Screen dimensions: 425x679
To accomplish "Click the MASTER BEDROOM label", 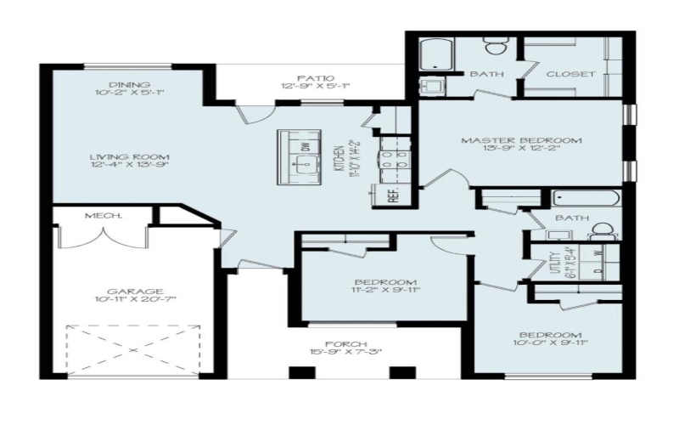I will point(521,140).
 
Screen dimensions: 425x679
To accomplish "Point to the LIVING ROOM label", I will point(131,157).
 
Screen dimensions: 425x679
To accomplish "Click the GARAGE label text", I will point(129,291).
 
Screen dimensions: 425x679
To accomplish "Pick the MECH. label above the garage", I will point(104,216).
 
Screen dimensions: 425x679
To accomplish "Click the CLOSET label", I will point(570,74).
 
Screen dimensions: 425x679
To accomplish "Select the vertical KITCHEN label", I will point(338,157).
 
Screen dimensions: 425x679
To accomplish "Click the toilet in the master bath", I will point(494,45).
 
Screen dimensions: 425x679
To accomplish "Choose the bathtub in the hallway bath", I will point(586,200).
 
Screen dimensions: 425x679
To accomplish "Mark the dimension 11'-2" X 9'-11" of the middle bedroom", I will point(386,291).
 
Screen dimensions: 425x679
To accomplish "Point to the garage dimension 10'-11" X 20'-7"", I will point(129,299).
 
